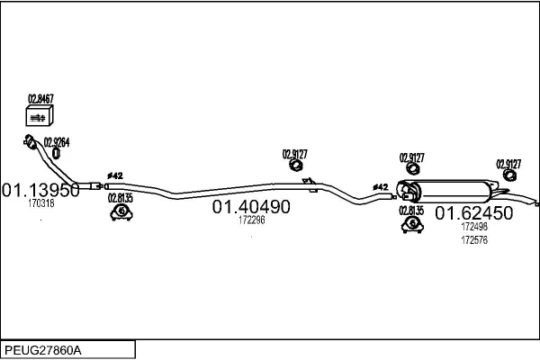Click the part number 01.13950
41,190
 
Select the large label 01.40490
251,207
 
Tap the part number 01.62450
474,213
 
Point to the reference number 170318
41,203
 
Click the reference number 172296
252,220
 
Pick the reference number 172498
474,226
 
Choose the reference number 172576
474,239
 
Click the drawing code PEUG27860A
43,350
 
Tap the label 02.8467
40,99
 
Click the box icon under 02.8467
40,116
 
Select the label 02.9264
57,142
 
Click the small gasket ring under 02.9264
56,153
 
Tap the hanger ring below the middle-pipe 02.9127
295,165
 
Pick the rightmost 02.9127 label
508,164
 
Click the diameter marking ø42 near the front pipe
115,175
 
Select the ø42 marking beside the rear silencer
380,187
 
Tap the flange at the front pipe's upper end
30,141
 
